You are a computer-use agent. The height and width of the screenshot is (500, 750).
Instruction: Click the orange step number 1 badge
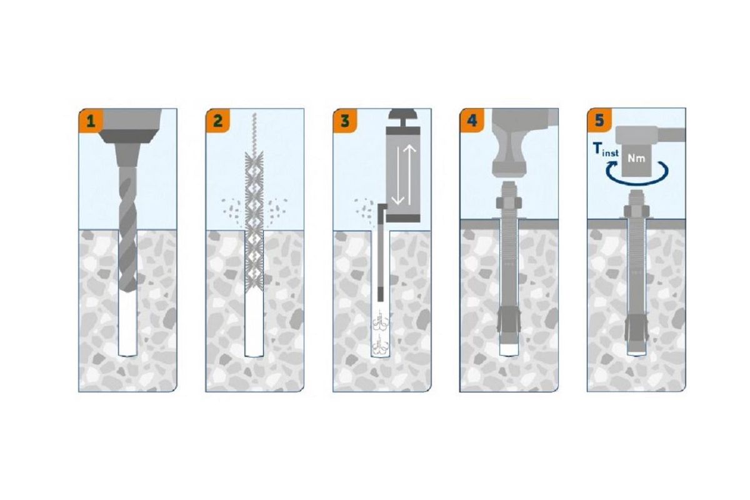tap(91, 121)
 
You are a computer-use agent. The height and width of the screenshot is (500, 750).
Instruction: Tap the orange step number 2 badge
tap(217, 121)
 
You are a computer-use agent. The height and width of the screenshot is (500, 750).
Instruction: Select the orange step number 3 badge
tap(345, 121)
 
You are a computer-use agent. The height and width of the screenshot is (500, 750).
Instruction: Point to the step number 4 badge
tap(472, 121)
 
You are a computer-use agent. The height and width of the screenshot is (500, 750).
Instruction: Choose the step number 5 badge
tap(599, 121)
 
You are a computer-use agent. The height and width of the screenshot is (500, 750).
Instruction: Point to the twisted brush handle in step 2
tap(254, 132)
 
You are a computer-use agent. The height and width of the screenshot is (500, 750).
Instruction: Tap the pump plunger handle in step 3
tap(403, 117)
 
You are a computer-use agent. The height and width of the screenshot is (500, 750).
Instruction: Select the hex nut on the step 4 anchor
tap(509, 203)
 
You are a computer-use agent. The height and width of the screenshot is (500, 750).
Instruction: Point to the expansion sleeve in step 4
tap(509, 321)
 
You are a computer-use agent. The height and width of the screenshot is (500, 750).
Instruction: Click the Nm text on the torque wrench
tap(636, 158)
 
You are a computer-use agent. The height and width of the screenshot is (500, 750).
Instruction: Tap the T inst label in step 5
tap(606, 149)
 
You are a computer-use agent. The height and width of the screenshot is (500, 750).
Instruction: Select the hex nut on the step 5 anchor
tap(636, 211)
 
